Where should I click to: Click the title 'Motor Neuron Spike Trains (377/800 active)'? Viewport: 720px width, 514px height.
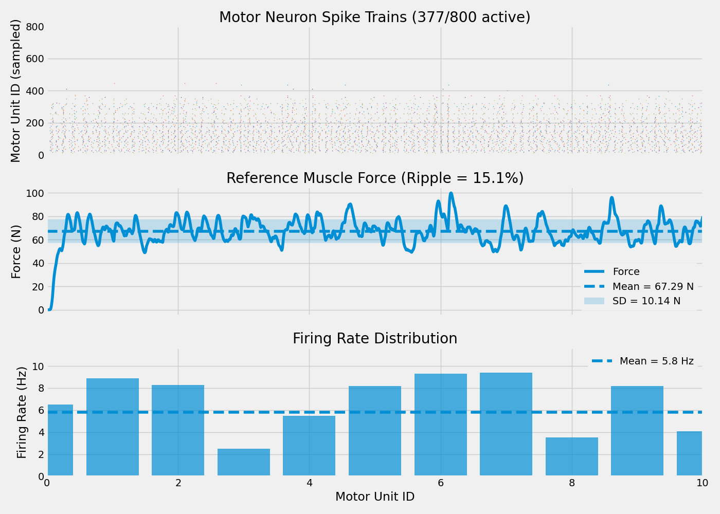tap(374, 17)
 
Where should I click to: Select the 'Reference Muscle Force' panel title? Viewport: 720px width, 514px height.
tap(374, 178)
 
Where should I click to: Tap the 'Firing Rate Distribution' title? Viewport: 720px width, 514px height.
tap(374, 339)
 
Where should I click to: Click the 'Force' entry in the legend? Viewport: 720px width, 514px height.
tap(626, 272)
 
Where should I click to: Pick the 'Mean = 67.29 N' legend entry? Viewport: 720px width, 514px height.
tap(653, 286)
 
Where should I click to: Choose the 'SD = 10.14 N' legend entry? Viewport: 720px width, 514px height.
tap(646, 301)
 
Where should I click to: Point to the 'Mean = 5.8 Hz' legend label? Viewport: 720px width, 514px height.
tap(656, 361)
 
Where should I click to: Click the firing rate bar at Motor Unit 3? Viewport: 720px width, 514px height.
tap(244, 462)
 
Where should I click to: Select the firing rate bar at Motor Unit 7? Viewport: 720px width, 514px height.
tap(506, 424)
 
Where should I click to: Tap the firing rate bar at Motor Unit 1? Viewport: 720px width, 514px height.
tap(113, 427)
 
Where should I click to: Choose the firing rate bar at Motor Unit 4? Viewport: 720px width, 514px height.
tap(309, 446)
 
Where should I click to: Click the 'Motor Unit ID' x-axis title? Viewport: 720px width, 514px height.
tap(374, 497)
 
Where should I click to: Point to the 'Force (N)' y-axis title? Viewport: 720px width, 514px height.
tap(16, 252)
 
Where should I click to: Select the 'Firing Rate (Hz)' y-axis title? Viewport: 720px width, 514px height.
tap(22, 412)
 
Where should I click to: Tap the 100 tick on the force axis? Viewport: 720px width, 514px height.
tap(33, 193)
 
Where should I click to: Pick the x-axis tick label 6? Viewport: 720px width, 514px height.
tap(441, 483)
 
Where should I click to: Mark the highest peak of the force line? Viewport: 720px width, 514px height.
tap(451, 193)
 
